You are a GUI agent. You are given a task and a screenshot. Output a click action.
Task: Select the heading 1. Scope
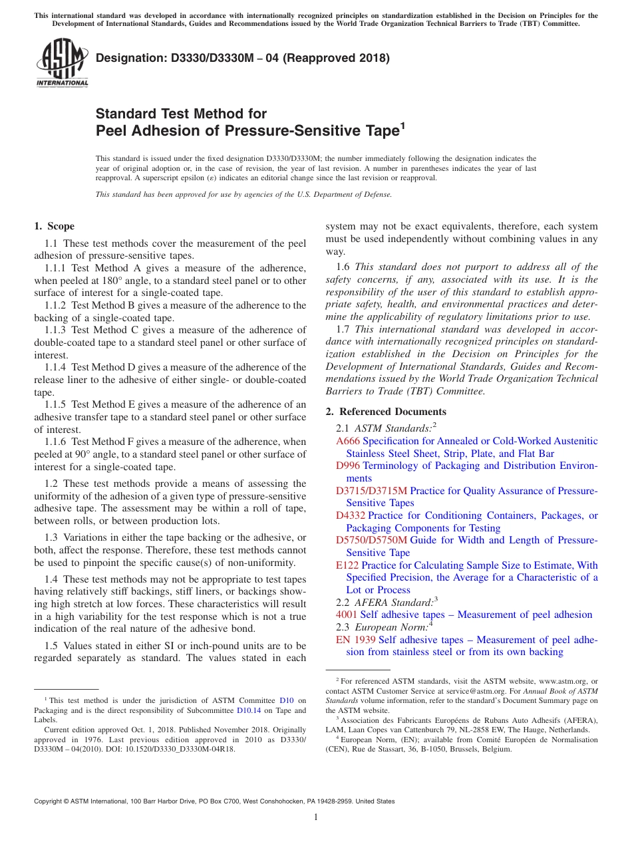(54, 226)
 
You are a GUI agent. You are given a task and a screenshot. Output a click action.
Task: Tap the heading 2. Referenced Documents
(386, 412)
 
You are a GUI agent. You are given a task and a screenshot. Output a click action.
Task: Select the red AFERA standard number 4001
(347, 615)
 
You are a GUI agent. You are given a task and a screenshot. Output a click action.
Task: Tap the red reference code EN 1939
(356, 640)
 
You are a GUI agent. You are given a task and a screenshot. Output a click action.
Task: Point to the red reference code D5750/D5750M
(371, 540)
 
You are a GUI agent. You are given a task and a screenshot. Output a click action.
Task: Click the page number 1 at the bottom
(316, 817)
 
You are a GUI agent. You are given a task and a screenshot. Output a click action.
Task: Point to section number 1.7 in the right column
(344, 329)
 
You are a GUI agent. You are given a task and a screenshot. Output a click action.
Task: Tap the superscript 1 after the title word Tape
(402, 124)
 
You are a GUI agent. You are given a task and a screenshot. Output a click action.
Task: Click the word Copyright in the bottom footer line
(48, 801)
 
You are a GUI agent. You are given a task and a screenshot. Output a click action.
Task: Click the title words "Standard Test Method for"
(181, 114)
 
